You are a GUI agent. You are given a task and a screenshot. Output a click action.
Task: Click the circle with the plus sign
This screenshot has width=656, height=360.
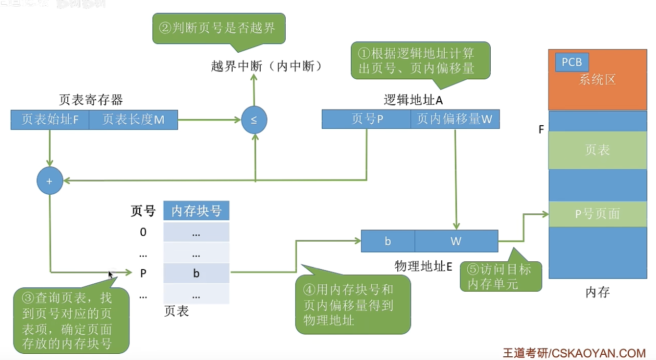tap(50, 181)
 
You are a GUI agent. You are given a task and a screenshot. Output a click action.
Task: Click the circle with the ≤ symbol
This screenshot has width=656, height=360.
tap(254, 120)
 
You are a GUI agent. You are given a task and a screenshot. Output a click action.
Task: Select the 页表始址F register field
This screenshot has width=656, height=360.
tap(50, 120)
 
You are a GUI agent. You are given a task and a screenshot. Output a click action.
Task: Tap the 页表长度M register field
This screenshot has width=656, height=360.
tap(133, 120)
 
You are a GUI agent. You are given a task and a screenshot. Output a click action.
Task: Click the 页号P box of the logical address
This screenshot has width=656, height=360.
tap(367, 119)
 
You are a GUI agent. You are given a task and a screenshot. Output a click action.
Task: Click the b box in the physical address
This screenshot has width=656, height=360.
tap(388, 241)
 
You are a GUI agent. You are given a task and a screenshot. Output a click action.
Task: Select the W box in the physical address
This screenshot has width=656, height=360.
tap(456, 241)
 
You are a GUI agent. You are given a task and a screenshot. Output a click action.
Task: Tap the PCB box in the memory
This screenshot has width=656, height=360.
tap(572, 62)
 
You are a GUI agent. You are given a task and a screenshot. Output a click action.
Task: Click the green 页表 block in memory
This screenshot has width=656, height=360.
tap(597, 150)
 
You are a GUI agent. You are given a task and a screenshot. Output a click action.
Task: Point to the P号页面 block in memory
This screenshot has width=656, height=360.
tap(597, 214)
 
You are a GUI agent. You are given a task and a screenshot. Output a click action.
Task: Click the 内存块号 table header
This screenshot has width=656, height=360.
tap(196, 211)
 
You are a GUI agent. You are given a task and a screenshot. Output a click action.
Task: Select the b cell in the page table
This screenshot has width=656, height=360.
tap(196, 273)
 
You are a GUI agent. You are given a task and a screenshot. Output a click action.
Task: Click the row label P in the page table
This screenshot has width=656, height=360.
tap(143, 273)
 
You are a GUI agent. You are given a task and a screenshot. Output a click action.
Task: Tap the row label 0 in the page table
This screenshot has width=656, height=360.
tap(143, 232)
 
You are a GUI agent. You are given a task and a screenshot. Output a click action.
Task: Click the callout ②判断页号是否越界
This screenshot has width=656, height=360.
tap(218, 28)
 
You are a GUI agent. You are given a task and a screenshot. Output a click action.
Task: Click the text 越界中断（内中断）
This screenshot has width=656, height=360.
tap(266, 66)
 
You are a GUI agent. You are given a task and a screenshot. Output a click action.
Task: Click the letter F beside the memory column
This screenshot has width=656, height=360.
tap(541, 129)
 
